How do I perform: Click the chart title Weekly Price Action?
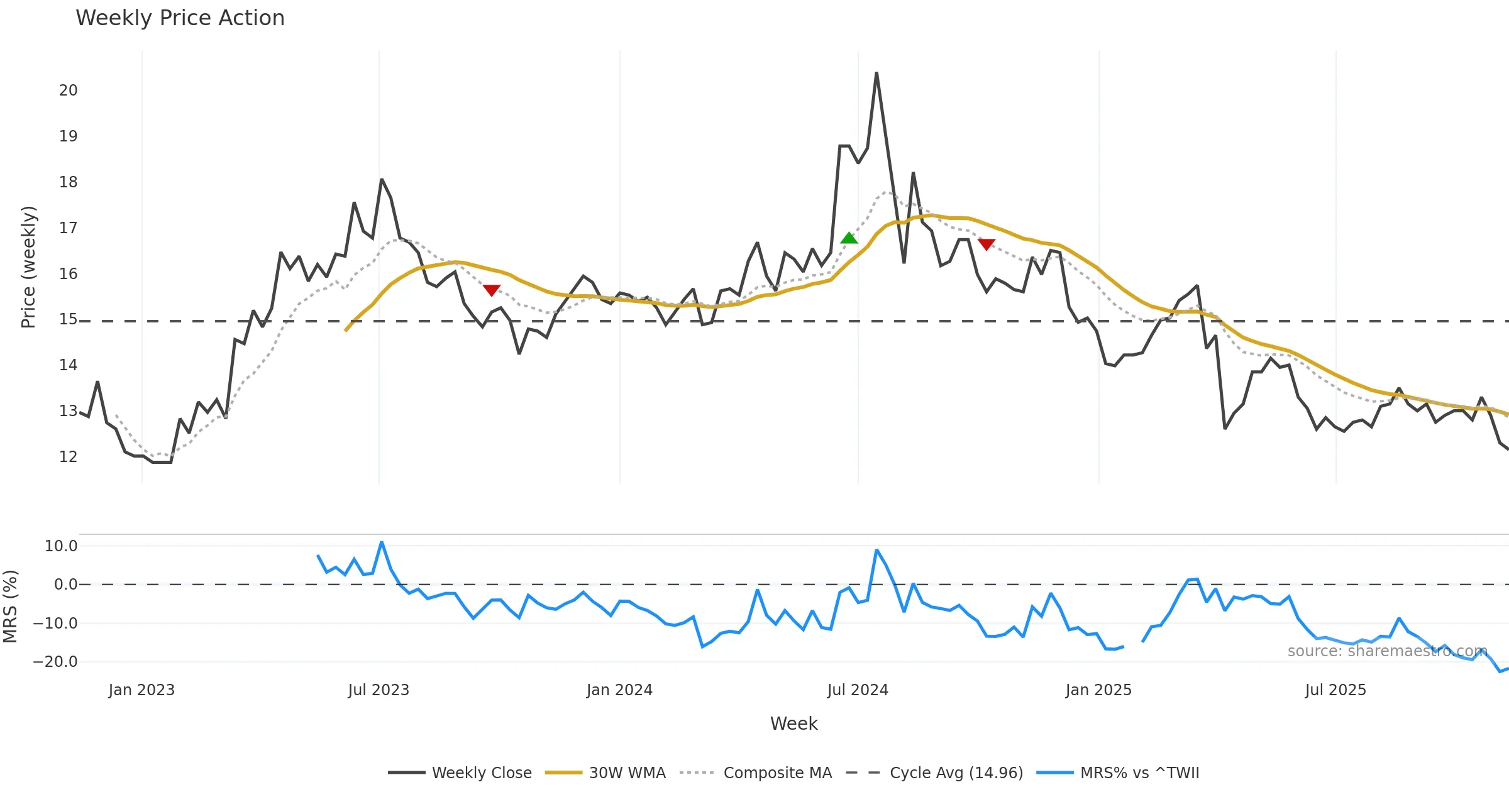point(180,18)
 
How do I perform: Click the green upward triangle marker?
point(849,238)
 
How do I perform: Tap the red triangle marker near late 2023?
point(492,290)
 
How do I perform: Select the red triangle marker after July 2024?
point(987,244)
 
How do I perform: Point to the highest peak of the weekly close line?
point(876,74)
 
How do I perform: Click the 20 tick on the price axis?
point(68,91)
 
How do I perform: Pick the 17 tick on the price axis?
point(68,228)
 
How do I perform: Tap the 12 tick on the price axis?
point(68,457)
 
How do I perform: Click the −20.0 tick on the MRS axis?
point(55,662)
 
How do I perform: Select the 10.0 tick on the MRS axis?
point(60,546)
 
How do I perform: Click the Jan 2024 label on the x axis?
point(619,690)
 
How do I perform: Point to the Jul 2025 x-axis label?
point(1335,690)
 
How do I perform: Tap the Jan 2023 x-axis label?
point(141,690)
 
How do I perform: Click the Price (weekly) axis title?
point(28,267)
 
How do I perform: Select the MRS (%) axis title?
point(10,607)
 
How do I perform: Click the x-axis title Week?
point(793,724)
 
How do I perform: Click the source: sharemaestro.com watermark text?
point(1387,651)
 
